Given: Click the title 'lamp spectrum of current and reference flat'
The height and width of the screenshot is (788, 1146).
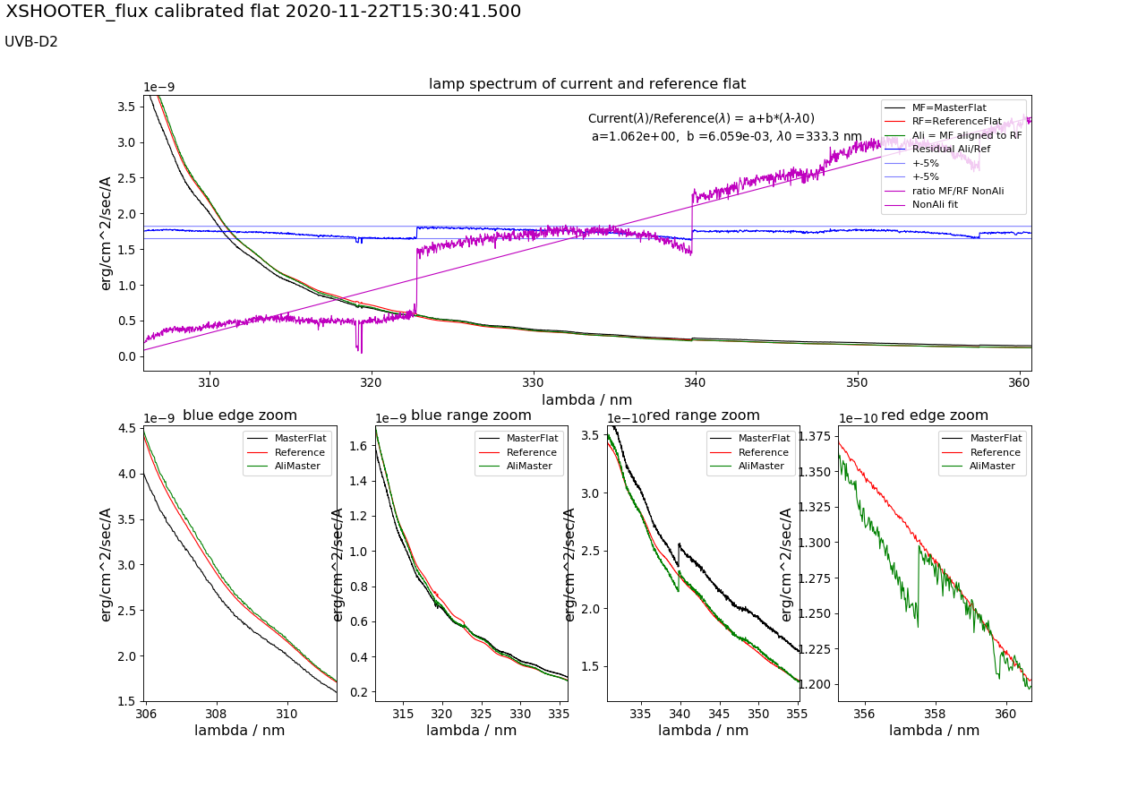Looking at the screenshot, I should coord(586,84).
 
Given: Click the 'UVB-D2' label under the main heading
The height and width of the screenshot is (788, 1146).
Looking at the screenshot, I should coord(31,42).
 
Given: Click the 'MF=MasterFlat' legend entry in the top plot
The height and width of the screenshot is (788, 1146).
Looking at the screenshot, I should coord(949,107).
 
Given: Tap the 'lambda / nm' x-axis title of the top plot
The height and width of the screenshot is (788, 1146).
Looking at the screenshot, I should coord(586,399).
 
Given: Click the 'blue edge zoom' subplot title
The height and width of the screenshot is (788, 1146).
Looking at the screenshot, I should coord(240,415).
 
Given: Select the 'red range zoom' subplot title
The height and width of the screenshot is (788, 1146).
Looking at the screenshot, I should coord(704,415).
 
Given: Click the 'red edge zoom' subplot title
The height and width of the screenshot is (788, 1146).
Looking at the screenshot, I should coord(935,415).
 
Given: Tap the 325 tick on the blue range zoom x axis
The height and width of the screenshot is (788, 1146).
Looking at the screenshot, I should coord(481,714).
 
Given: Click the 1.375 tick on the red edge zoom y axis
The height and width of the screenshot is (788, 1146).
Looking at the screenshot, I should coord(813,436).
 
